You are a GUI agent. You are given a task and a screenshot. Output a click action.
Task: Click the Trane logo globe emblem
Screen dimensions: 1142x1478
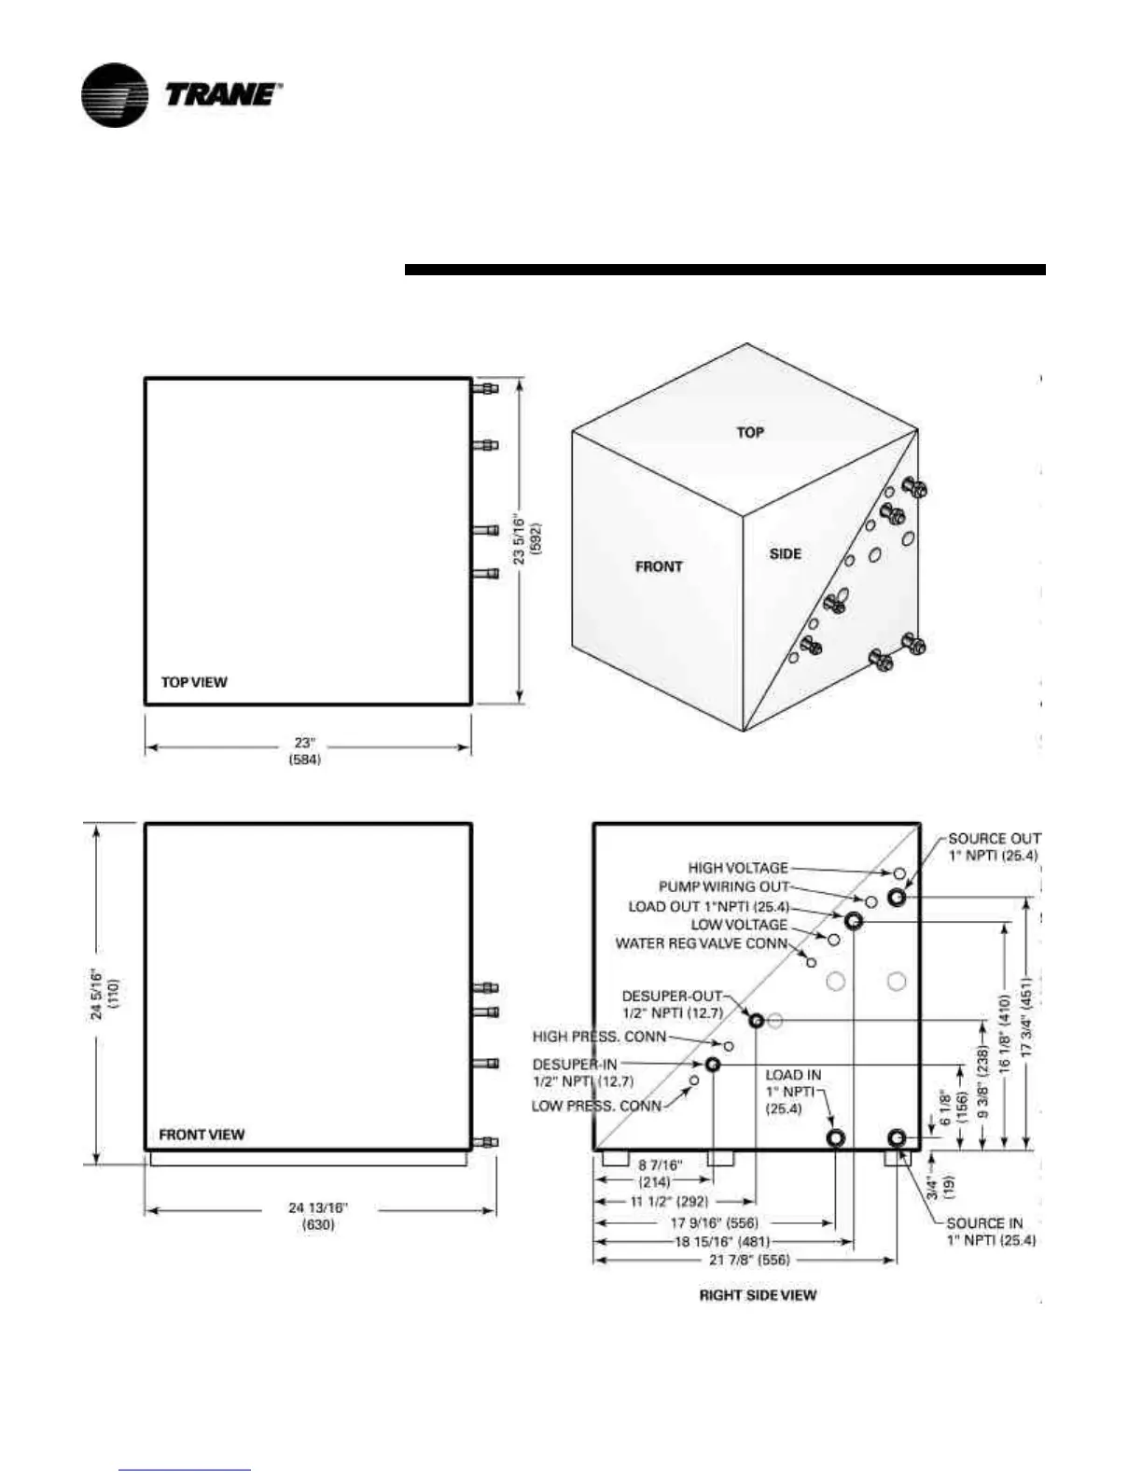(114, 95)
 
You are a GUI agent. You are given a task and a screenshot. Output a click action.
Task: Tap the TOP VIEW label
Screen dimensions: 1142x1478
(194, 682)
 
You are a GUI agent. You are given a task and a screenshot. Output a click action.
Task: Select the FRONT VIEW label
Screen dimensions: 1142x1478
(202, 1135)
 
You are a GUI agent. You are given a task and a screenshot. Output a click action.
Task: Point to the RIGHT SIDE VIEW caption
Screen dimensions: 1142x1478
(758, 1295)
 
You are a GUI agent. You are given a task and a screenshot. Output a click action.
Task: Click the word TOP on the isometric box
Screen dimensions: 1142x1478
(750, 432)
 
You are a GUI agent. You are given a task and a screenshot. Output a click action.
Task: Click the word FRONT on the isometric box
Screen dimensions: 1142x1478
(659, 566)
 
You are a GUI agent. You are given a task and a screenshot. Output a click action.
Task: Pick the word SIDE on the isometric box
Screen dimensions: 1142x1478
(786, 553)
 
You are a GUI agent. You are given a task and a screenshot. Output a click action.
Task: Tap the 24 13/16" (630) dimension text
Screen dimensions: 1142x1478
(318, 1217)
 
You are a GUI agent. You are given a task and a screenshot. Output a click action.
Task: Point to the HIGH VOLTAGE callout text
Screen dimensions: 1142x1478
(738, 868)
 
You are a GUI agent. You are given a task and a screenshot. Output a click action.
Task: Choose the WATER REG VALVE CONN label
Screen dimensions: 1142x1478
(702, 943)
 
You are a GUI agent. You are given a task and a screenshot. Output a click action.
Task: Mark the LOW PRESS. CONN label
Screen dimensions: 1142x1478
(596, 1107)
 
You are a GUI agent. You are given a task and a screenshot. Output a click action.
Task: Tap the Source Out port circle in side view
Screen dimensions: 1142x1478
(897, 898)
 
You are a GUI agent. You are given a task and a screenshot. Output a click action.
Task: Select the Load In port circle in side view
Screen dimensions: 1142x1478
(836, 1138)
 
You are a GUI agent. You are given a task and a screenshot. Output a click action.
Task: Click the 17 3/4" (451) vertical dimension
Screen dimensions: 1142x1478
(1027, 1017)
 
